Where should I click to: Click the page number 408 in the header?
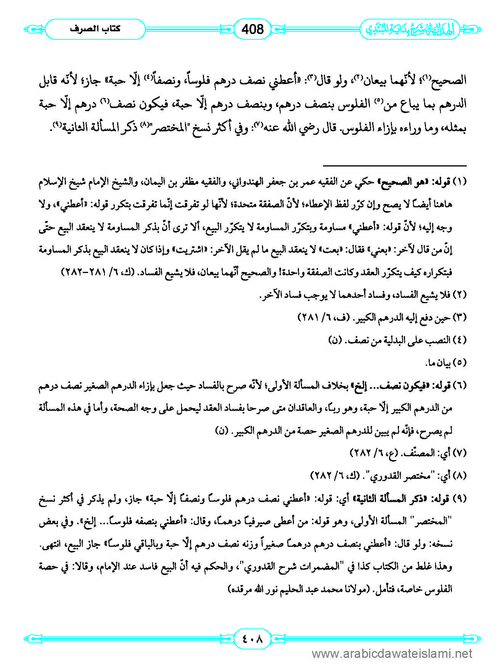click(252, 29)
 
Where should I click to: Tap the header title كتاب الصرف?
click(95, 29)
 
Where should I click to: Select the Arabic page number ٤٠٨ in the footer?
click(252, 639)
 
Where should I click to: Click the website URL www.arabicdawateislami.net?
click(392, 654)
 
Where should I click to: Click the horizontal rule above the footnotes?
click(395, 166)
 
